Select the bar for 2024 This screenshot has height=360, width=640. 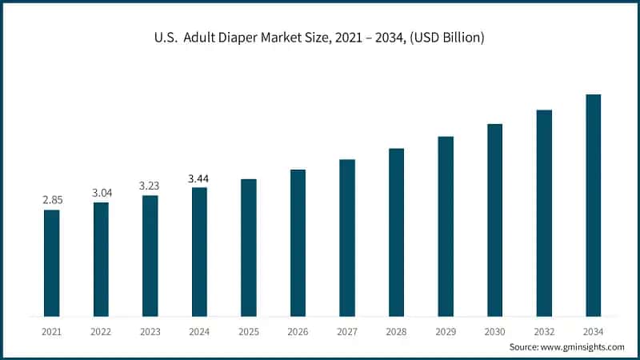coord(199,251)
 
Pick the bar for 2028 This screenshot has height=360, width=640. coord(396,232)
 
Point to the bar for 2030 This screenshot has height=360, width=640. coord(494,220)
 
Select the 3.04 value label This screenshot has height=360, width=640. coord(101,192)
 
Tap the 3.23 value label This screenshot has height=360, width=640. coord(150,185)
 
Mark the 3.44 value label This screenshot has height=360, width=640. coord(199,178)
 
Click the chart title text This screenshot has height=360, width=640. coord(320,38)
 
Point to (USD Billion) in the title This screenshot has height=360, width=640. coord(444,38)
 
